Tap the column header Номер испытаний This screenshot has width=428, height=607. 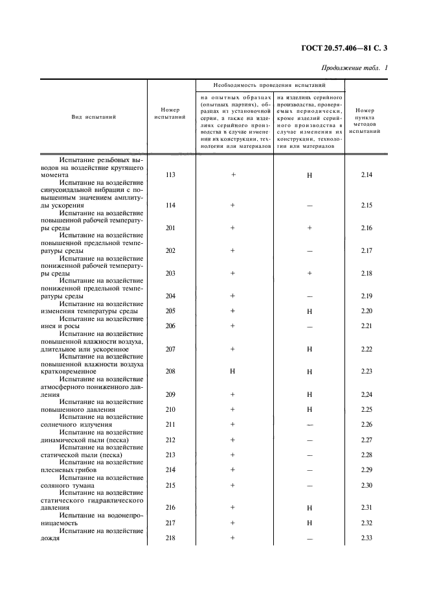click(170, 113)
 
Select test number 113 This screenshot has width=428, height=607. click(170, 175)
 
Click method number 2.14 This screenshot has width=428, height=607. click(366, 175)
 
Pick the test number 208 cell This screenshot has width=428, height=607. click(170, 372)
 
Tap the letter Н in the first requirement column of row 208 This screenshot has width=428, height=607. click(232, 372)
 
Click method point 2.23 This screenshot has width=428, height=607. click(366, 372)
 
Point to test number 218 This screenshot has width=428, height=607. click(170, 538)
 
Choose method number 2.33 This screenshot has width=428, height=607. click(366, 538)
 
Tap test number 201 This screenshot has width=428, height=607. click(170, 228)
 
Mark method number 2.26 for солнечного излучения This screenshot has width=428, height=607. click(366, 425)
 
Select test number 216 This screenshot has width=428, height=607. click(170, 508)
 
